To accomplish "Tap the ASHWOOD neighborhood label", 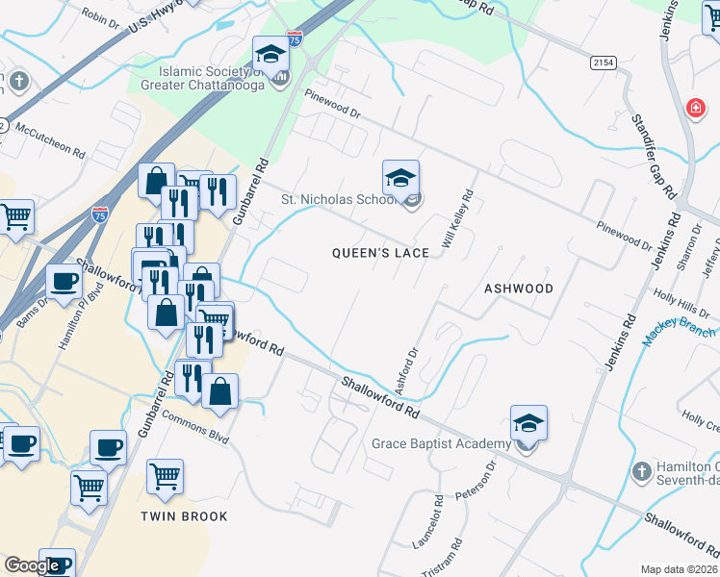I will tap(519, 288).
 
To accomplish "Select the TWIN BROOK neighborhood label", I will tap(184, 516).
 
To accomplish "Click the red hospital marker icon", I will tap(694, 108).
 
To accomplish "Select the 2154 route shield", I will tap(604, 63).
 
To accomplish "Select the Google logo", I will tap(33, 565).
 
